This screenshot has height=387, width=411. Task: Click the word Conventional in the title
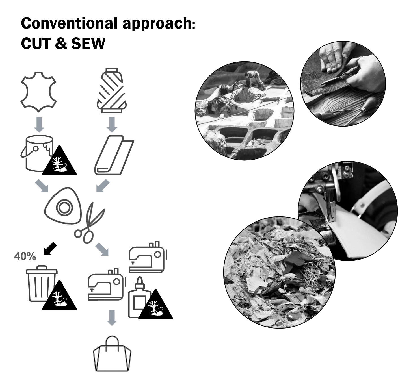pyautogui.click(x=70, y=23)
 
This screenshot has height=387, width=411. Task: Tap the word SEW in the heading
pyautogui.click(x=88, y=44)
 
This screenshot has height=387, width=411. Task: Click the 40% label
pyautogui.click(x=25, y=256)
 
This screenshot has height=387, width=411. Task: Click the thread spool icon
pyautogui.click(x=112, y=90)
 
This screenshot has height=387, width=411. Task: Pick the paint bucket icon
pyautogui.click(x=37, y=153)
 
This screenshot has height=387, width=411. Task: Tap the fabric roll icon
pyautogui.click(x=114, y=155)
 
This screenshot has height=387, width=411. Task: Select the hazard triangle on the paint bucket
pyautogui.click(x=59, y=161)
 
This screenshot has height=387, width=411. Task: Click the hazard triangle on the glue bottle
pyautogui.click(x=155, y=304)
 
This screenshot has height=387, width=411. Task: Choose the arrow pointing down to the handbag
pyautogui.click(x=112, y=318)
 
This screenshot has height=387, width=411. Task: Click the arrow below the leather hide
pyautogui.click(x=39, y=125)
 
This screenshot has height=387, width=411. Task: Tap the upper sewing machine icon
pyautogui.click(x=148, y=257)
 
